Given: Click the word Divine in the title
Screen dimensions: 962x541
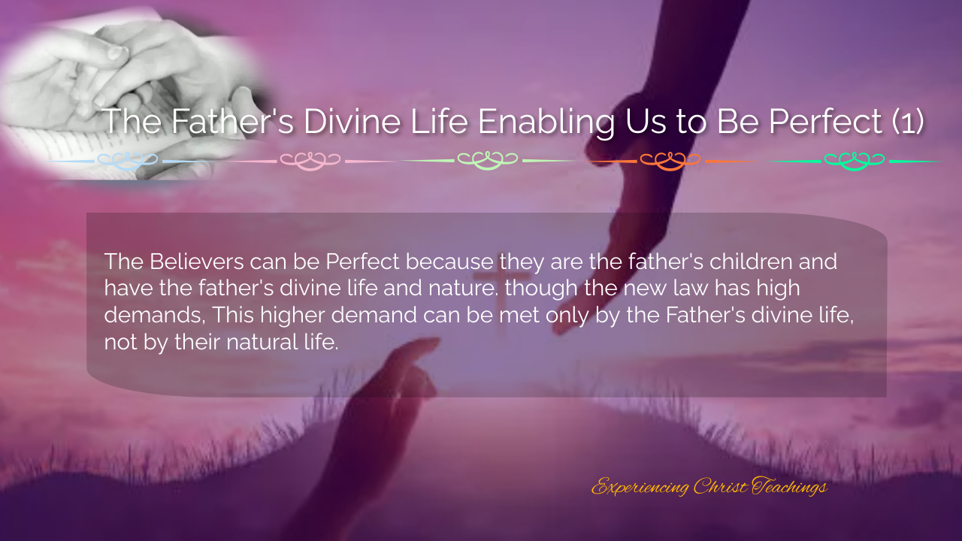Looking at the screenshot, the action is pyautogui.click(x=352, y=121).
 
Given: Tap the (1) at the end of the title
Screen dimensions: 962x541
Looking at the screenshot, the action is pyautogui.click(x=908, y=122).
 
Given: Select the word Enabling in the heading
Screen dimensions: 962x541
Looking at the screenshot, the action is pyautogui.click(x=546, y=122).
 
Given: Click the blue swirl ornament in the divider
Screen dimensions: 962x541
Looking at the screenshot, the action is pyautogui.click(x=128, y=162).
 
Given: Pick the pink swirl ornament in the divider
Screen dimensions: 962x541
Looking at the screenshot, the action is pyautogui.click(x=310, y=162).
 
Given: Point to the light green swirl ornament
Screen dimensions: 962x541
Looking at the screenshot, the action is pyautogui.click(x=488, y=162).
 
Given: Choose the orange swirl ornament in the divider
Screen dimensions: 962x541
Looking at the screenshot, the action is pyautogui.click(x=670, y=162).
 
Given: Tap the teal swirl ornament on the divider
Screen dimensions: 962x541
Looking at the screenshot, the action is pyautogui.click(x=855, y=162).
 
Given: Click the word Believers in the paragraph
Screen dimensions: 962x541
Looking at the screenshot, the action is pyautogui.click(x=197, y=261).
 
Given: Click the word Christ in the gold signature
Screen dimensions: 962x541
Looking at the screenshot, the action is pyautogui.click(x=720, y=486).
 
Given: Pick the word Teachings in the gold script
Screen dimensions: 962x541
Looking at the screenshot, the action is pyautogui.click(x=789, y=487).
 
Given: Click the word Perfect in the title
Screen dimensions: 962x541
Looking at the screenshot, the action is pyautogui.click(x=825, y=121).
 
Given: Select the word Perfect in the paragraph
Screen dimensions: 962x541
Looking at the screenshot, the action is pyautogui.click(x=362, y=261).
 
